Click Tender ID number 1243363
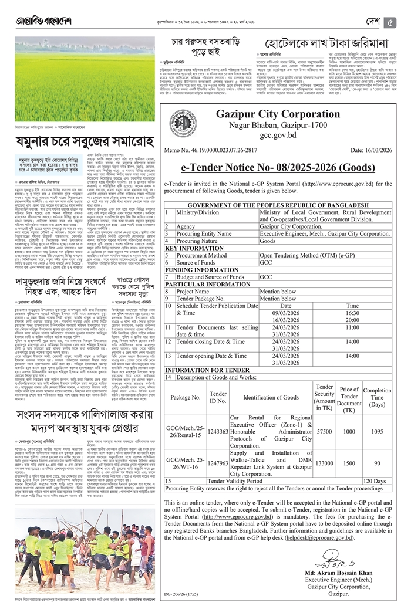pyautogui.click(x=218, y=431)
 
